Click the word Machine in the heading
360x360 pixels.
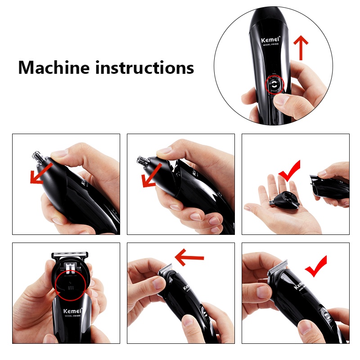pyautogui.click(x=54, y=67)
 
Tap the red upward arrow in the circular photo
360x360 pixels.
pyautogui.click(x=301, y=48)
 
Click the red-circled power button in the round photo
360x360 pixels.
pyautogui.click(x=274, y=84)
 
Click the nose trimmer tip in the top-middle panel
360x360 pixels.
pyautogui.click(x=143, y=160)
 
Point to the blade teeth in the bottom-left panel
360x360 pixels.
pyautogui.click(x=72, y=254)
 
